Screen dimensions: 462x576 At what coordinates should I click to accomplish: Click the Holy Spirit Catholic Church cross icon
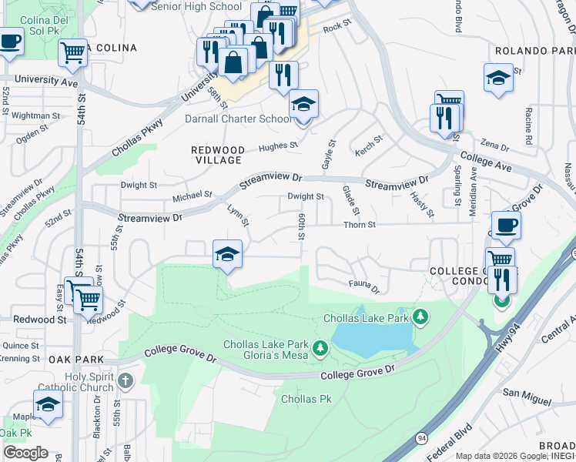(125, 380)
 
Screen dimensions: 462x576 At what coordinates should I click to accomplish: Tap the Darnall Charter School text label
(238, 119)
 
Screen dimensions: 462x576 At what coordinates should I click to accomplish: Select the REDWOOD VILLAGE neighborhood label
(218, 155)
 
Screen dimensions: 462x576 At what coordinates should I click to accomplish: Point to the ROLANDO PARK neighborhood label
(534, 51)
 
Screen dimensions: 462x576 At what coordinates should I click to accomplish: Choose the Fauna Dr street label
(364, 287)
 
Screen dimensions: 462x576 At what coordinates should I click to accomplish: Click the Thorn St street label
(360, 225)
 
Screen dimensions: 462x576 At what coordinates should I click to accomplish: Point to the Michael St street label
(192, 196)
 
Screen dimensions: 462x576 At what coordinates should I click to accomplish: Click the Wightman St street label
(36, 115)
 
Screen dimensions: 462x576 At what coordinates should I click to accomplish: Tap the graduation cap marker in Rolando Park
(499, 78)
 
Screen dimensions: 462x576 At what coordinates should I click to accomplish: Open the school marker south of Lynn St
(227, 254)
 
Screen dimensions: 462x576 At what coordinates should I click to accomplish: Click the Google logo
(25, 453)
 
